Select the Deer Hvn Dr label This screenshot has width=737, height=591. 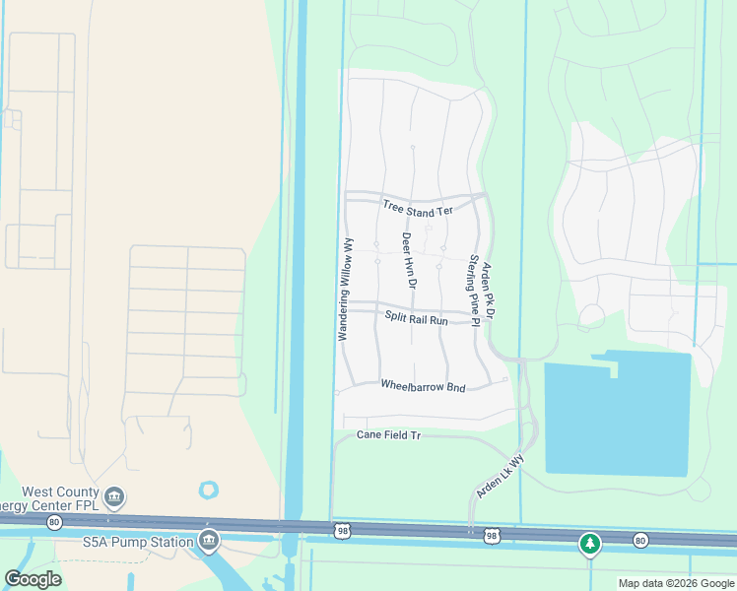pos(408,260)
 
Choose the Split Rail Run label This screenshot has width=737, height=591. pos(416,319)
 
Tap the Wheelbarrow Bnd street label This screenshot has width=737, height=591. pos(423,387)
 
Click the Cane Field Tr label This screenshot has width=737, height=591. pos(388,434)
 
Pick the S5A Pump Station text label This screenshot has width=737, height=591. pos(138,540)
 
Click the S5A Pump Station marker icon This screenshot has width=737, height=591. pos(209,539)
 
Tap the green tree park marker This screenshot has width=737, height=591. pos(589,543)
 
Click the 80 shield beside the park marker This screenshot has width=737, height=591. pos(640,540)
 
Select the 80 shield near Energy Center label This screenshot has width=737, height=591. pos(53,522)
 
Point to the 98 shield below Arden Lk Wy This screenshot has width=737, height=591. pos(491,536)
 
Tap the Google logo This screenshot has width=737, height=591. pos(33,579)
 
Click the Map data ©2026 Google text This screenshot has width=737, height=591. pos(676,583)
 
